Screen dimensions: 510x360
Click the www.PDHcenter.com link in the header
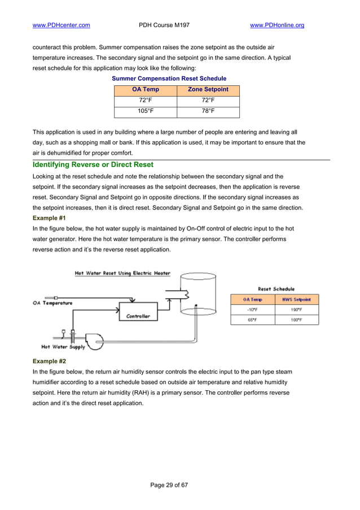point(62,25)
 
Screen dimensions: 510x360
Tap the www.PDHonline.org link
point(276,25)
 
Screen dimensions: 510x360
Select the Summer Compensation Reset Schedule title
point(169,78)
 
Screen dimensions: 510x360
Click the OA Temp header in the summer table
point(146,90)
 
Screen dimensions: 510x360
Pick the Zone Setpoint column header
point(208,90)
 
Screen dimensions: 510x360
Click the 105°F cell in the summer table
point(146,111)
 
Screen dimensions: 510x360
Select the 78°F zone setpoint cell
point(208,111)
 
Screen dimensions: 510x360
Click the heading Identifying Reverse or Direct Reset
point(93,165)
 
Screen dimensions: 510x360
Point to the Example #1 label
point(50,217)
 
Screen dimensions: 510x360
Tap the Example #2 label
point(50,361)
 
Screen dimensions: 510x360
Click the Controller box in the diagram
point(138,316)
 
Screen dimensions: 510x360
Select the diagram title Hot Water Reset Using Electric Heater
point(122,273)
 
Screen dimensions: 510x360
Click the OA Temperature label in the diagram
point(52,303)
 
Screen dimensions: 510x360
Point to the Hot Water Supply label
point(63,347)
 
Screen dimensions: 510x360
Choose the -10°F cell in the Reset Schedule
point(252,310)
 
